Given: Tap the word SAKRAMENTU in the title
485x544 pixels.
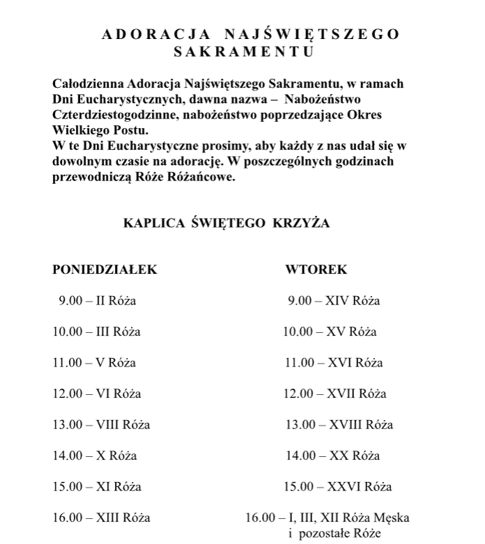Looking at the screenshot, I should coord(243,52).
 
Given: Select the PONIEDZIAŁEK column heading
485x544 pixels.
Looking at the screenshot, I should coord(105,270).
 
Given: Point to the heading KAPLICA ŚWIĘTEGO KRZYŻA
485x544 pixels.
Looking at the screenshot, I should coord(226,224).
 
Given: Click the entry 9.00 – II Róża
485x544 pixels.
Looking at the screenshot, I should coord(98,302).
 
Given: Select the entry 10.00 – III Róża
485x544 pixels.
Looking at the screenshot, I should coord(97,332).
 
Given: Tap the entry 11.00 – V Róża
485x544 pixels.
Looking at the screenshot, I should coord(95,363).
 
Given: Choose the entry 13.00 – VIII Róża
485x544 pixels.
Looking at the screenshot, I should coord(102,425).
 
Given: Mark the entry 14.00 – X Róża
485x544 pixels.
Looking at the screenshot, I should coord(95,456).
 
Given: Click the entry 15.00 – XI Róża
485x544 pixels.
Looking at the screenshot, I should coord(97,487).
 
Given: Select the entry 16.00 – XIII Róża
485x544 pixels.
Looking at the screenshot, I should coord(102,518).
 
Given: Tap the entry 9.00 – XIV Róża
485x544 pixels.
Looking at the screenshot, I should coord(334,302).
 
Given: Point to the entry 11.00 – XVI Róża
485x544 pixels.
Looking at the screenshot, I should coord(334,363).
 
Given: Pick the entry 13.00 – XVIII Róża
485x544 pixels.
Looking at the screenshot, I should coord(339,425).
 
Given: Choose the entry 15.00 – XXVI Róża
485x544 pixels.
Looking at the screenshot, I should coord(339,487).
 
